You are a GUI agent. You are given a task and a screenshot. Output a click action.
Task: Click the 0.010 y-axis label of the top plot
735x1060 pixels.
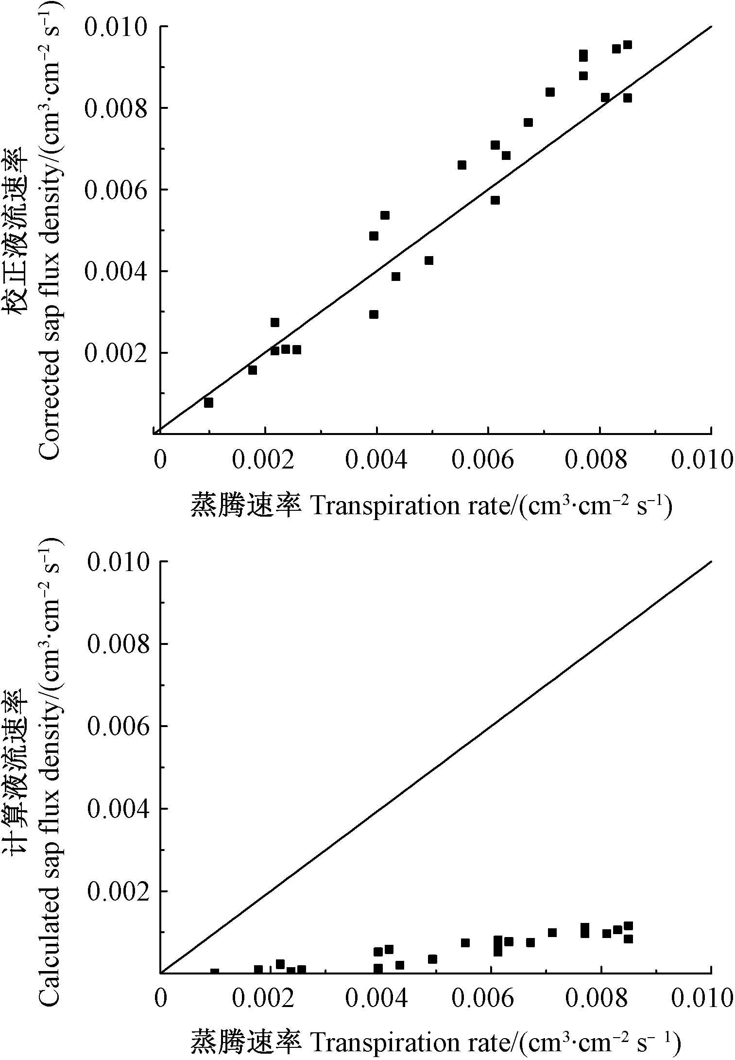click(x=115, y=27)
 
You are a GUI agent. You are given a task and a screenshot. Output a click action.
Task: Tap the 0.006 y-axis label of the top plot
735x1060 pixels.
click(x=115, y=190)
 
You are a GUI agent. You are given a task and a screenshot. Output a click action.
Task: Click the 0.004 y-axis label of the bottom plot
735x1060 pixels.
click(x=118, y=809)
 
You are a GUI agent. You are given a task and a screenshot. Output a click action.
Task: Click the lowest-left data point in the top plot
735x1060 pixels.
click(x=208, y=402)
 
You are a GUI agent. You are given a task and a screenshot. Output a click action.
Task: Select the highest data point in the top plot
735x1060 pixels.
click(x=627, y=45)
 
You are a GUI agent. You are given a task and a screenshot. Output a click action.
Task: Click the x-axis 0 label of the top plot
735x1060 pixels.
click(x=159, y=460)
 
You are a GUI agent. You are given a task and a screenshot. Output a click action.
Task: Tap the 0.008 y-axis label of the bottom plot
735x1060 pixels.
click(x=118, y=644)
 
